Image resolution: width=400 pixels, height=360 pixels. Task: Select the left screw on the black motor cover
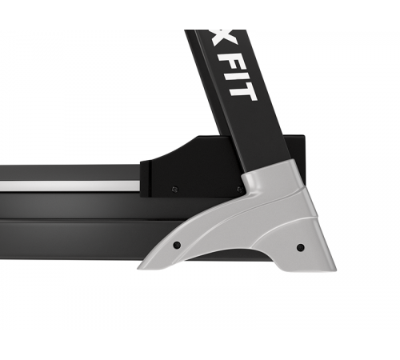point(175,189)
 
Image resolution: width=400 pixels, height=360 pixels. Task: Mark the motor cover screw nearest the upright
point(238,190)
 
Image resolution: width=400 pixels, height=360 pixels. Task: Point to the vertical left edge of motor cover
point(142,176)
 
